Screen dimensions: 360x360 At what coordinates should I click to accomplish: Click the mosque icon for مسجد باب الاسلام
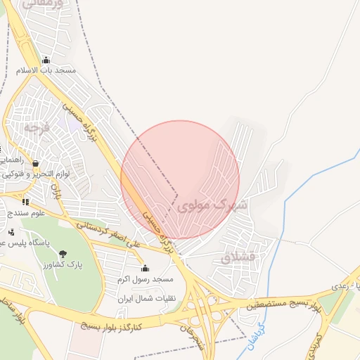point(46,60)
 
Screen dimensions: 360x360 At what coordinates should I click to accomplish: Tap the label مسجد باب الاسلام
point(46,70)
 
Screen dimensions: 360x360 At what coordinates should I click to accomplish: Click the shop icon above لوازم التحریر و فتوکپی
point(35,164)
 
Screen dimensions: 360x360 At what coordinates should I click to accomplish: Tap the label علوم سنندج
point(27,212)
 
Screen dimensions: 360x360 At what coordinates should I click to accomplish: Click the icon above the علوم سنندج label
point(26,202)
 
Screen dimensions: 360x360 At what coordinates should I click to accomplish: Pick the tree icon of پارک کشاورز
point(64,254)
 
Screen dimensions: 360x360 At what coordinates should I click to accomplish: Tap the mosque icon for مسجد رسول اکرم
point(146,268)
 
